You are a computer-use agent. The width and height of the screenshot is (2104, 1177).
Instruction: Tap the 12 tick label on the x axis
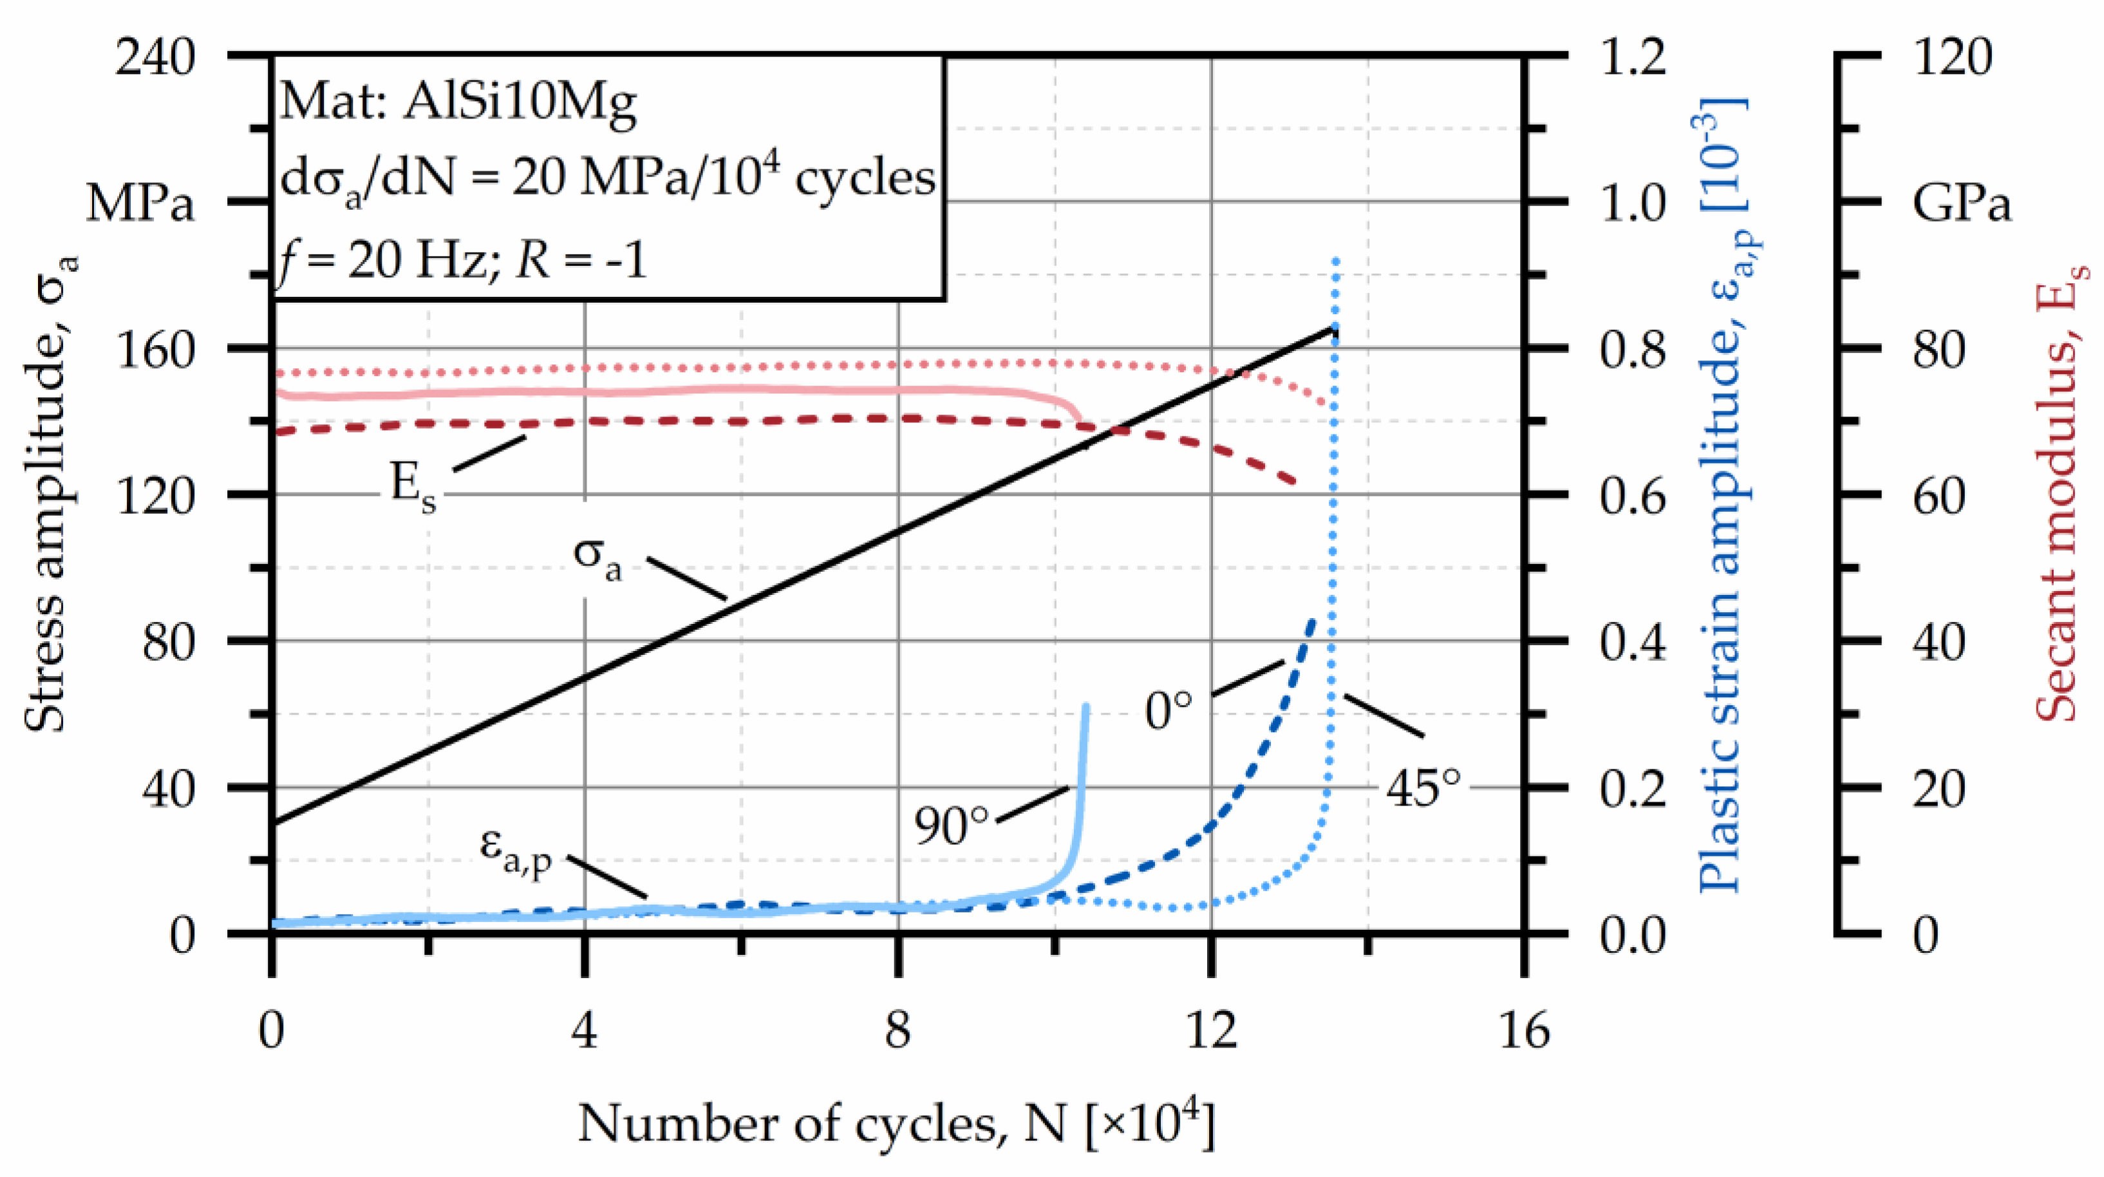[1211, 1030]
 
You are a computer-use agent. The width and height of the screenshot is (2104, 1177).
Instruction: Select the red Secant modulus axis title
[2058, 490]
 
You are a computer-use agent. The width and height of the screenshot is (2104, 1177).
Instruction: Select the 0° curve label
[1168, 710]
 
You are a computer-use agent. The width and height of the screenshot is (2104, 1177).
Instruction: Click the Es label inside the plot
[413, 487]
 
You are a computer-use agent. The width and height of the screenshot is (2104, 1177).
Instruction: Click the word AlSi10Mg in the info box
[520, 104]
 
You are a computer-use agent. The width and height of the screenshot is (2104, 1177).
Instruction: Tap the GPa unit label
[1960, 203]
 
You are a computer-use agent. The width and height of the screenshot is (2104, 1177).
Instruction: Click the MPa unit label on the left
[140, 203]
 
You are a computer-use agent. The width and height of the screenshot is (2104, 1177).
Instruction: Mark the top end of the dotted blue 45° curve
[1335, 259]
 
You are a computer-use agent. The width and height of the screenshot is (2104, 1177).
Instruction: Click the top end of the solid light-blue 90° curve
[1085, 705]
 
